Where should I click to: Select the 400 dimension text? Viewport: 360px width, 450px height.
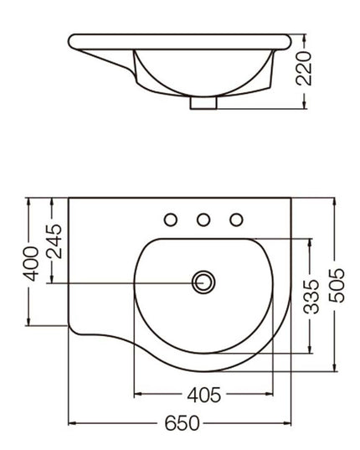[x=31, y=262]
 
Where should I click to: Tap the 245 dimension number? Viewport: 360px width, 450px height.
[x=54, y=241]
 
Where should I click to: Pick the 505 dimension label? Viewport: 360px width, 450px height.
[x=335, y=285]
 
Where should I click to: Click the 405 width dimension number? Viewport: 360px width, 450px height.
[x=203, y=395]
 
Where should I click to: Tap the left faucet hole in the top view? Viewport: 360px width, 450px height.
[x=171, y=220]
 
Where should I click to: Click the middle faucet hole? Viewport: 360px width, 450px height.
[x=203, y=220]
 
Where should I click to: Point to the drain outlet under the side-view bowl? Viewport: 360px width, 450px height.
[x=203, y=104]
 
